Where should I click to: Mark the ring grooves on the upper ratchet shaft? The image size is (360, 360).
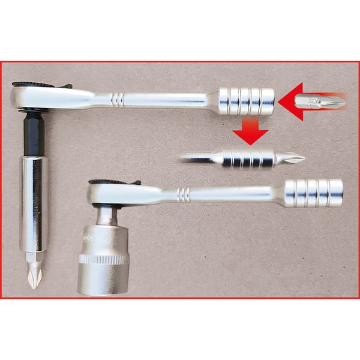click(118, 98)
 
